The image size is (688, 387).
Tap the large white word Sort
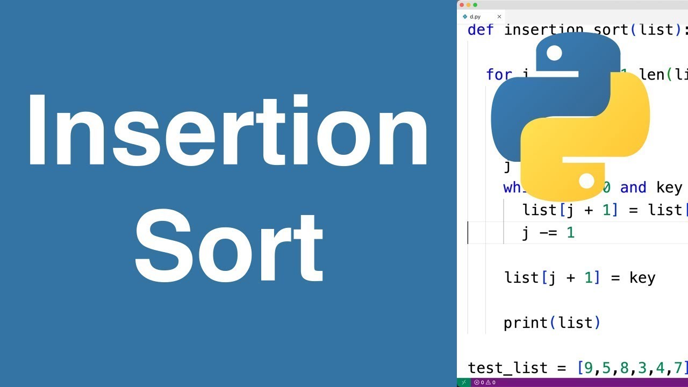click(x=229, y=248)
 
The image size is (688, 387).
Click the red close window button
click(x=462, y=5)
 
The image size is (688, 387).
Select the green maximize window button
click(x=475, y=5)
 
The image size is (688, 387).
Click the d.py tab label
click(x=475, y=17)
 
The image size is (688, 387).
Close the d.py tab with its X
click(x=499, y=17)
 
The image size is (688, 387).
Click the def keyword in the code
click(x=481, y=30)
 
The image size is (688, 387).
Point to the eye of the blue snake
click(x=554, y=53)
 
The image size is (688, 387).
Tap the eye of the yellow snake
click(x=586, y=181)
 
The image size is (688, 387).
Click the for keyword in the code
click(x=498, y=74)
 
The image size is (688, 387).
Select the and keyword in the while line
click(x=633, y=187)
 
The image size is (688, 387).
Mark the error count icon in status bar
click(x=477, y=382)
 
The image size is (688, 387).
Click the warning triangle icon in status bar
click(x=489, y=382)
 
